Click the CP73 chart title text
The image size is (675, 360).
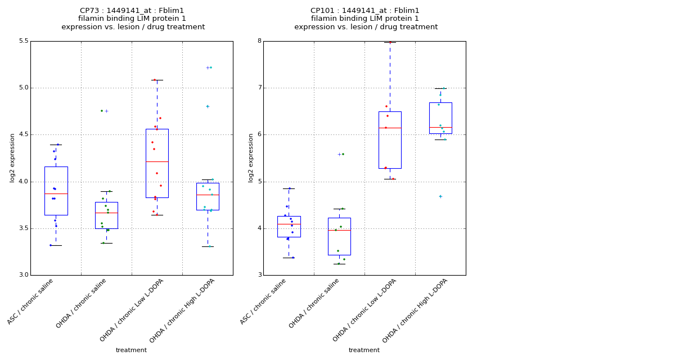pyautogui.click(x=133, y=19)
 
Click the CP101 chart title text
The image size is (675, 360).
pyautogui.click(x=366, y=19)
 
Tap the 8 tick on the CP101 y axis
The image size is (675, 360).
pyautogui.click(x=259, y=41)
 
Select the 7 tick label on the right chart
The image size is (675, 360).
pyautogui.click(x=259, y=88)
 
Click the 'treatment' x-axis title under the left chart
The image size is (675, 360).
pyautogui.click(x=131, y=350)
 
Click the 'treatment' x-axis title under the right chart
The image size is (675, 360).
pyautogui.click(x=364, y=350)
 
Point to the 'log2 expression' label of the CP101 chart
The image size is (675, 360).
pyautogui.click(x=251, y=157)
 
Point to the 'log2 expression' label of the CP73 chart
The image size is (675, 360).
pyautogui.click(x=12, y=157)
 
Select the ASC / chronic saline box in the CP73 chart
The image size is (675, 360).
pyautogui.click(x=56, y=191)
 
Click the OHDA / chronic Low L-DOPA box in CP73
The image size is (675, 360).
pyautogui.click(x=157, y=163)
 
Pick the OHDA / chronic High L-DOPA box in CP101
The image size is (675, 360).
pyautogui.click(x=440, y=118)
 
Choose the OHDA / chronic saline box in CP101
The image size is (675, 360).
pyautogui.click(x=339, y=236)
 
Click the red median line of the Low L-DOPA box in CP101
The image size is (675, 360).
pyautogui.click(x=390, y=128)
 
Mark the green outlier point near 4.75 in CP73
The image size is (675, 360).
pyautogui.click(x=102, y=111)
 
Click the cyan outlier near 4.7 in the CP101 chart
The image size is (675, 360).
pyautogui.click(x=440, y=196)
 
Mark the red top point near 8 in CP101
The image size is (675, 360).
pyautogui.click(x=390, y=42)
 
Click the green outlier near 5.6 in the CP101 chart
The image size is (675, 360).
pyautogui.click(x=343, y=154)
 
